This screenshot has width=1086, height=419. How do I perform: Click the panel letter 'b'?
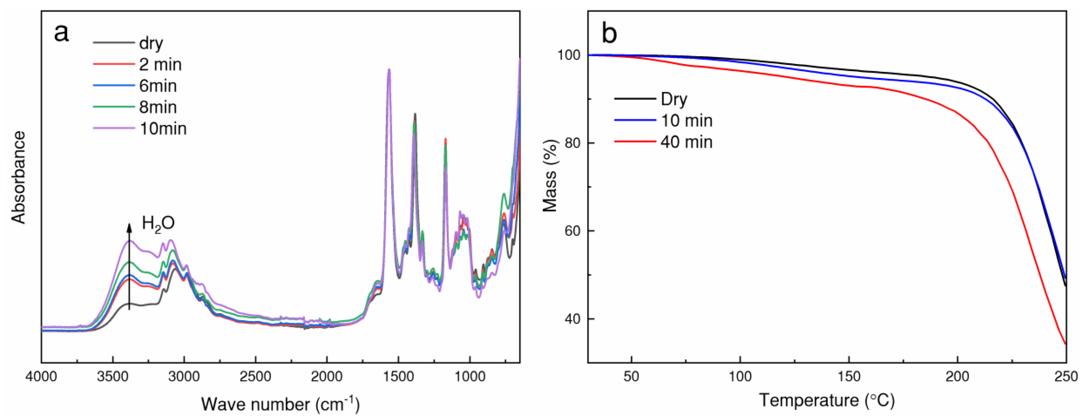(x=610, y=33)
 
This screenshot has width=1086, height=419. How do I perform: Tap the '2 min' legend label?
(x=160, y=64)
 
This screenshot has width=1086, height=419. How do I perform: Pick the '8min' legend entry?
(x=158, y=107)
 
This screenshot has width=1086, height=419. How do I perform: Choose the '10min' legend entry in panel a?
(x=163, y=129)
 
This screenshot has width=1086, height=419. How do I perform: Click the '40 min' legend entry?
(x=686, y=142)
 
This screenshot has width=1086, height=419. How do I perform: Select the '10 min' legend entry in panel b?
(x=686, y=120)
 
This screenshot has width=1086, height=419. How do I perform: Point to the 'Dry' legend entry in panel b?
(x=674, y=99)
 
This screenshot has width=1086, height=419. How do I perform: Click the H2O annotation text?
(x=158, y=223)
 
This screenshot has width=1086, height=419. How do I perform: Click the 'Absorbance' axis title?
(x=19, y=177)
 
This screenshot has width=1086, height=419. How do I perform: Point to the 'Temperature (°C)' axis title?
(x=827, y=400)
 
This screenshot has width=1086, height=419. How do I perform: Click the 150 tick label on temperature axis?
(x=849, y=376)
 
